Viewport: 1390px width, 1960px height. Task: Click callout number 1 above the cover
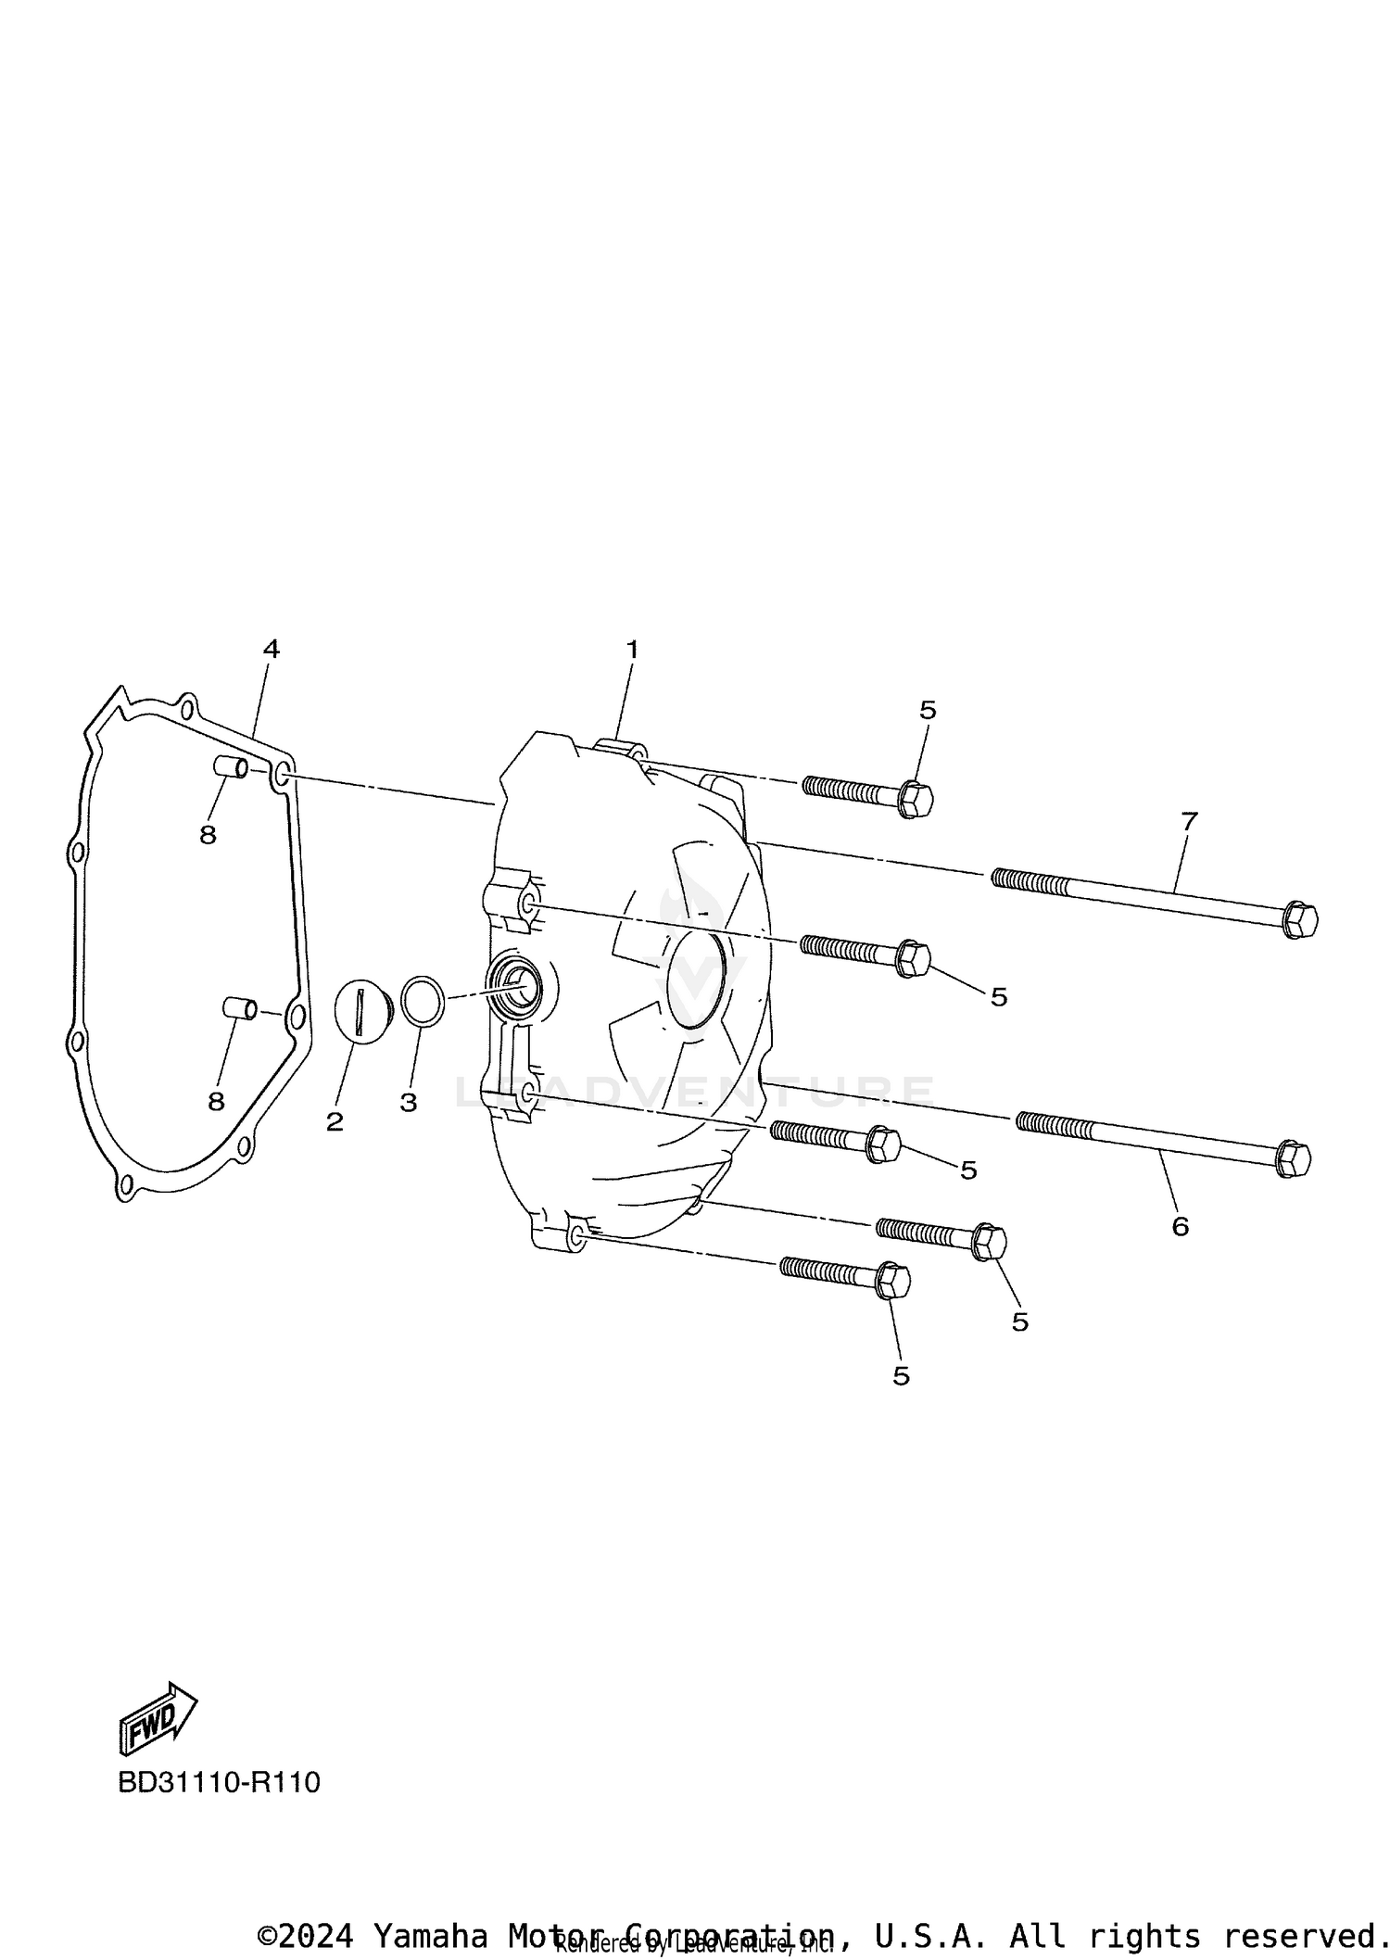tap(632, 651)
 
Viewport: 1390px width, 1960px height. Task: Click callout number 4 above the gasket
tap(271, 650)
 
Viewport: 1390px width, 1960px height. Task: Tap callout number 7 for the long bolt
tap(1190, 821)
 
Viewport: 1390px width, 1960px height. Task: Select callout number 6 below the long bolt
tap(1180, 1227)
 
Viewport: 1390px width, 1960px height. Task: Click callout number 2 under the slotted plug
tap(335, 1122)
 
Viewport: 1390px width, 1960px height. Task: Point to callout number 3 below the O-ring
tap(409, 1103)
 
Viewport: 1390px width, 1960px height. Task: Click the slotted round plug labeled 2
tap(360, 1012)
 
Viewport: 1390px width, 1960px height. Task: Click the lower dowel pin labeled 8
tap(239, 1007)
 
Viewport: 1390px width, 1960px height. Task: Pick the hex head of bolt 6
tap(1294, 1158)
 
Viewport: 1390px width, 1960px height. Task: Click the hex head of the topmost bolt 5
tap(916, 799)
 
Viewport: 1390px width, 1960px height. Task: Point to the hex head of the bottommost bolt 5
tap(892, 1282)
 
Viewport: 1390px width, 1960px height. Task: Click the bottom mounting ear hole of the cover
tap(575, 1235)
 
